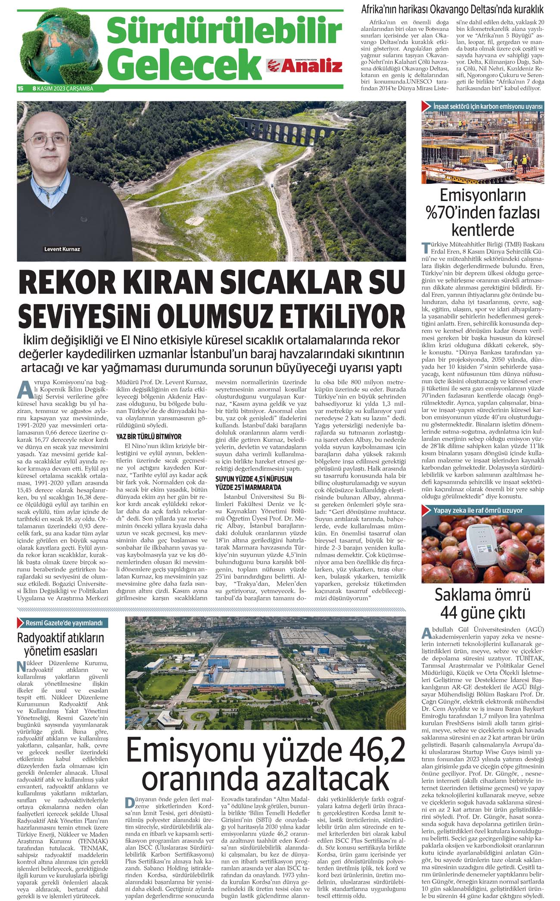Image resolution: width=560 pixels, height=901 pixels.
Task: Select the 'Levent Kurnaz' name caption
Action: [x=62, y=249]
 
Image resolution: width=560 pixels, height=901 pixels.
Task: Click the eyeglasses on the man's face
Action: [x=50, y=140]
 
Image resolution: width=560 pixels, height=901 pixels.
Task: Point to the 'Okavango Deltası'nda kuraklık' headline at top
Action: [x=452, y=9]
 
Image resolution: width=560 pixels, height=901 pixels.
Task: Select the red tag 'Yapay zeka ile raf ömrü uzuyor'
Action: [x=484, y=510]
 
